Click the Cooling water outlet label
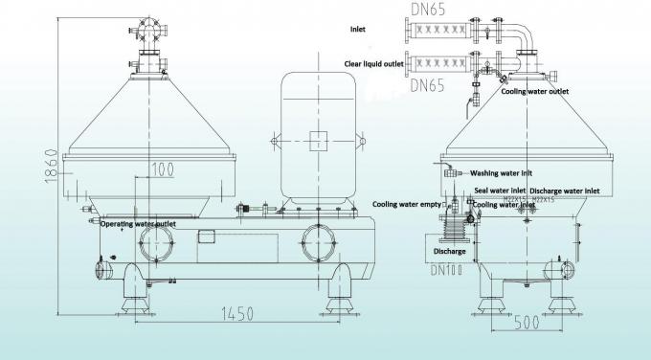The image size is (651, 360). (x=534, y=91)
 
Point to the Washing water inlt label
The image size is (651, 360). (x=501, y=173)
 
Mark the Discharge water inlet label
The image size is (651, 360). (x=567, y=189)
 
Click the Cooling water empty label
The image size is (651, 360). (x=407, y=203)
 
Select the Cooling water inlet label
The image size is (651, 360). (x=504, y=204)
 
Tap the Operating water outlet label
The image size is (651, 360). (x=139, y=224)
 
